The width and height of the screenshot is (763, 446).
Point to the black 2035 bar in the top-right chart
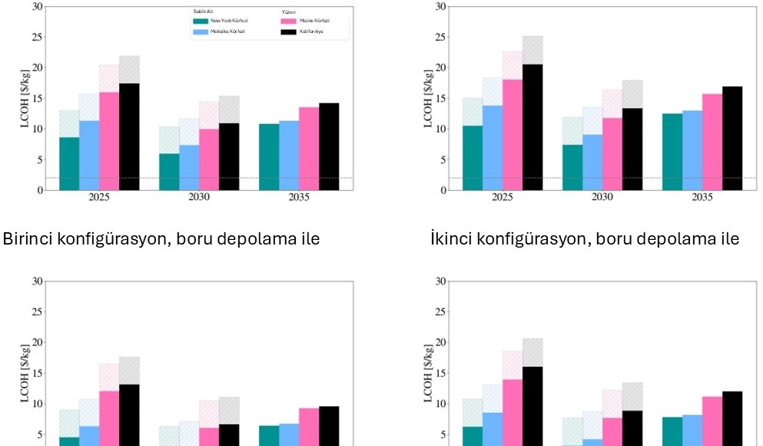[732, 138]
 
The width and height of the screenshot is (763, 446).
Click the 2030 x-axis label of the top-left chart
[199, 198]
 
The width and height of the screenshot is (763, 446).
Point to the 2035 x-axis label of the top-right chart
[702, 198]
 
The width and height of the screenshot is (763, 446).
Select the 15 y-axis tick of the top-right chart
[440, 98]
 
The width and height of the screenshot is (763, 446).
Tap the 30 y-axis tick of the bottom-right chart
[440, 281]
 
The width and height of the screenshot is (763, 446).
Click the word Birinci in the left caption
[28, 240]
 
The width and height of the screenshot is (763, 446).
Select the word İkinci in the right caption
[451, 240]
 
